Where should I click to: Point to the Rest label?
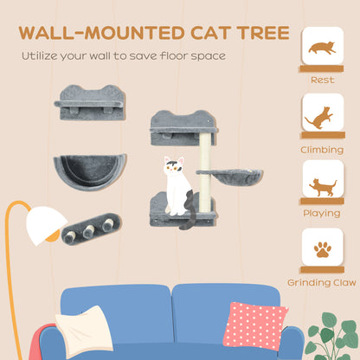(x=322, y=80)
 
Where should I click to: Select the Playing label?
(x=322, y=213)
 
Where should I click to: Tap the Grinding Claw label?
(x=322, y=282)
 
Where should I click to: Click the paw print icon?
(x=322, y=250)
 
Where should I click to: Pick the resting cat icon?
(x=322, y=48)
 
